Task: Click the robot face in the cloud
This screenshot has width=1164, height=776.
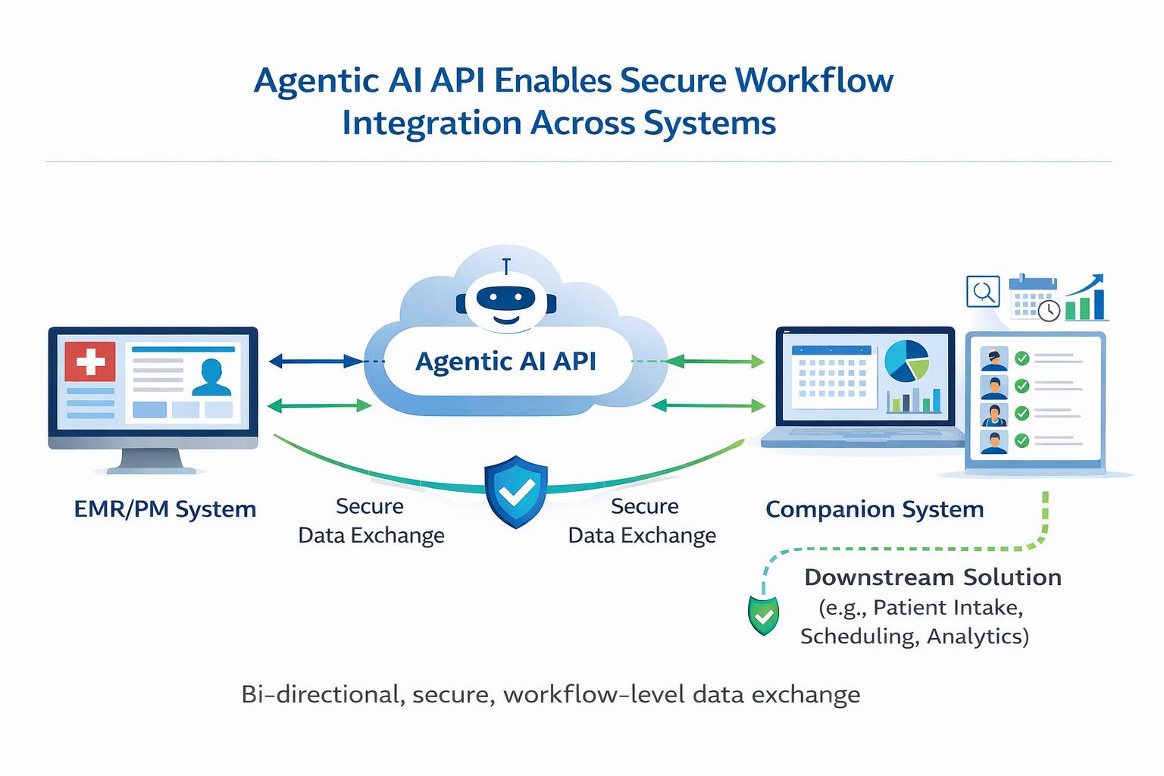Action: coord(506,302)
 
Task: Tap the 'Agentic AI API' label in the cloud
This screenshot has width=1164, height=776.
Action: coord(506,361)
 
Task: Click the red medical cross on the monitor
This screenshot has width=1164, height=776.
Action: coord(90,361)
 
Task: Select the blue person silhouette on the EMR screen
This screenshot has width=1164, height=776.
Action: coord(211,378)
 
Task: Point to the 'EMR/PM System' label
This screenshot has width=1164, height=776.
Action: coord(164,509)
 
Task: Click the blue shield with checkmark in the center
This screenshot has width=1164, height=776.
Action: coord(515,491)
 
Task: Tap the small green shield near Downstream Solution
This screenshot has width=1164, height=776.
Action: coord(763,615)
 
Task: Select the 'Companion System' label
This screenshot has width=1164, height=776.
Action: coord(875,509)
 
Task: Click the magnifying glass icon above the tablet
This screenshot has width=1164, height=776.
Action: coord(983,292)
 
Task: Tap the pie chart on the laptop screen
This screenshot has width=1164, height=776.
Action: coord(906,361)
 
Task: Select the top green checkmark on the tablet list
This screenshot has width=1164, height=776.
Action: coord(1022,358)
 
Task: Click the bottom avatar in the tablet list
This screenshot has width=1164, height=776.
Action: coord(993,441)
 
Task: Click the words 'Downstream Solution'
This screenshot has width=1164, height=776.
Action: coord(932,577)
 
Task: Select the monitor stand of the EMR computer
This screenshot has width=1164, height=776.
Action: coord(152,461)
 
